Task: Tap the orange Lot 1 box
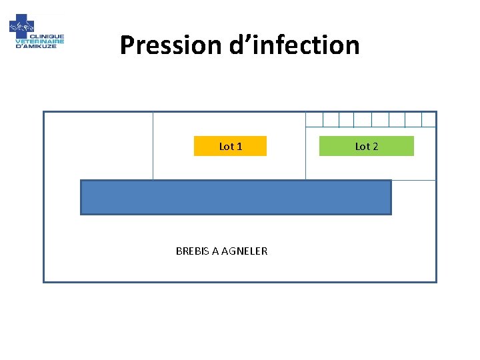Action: [x=230, y=146]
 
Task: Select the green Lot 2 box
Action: [x=366, y=146]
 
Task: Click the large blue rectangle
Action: [x=235, y=197]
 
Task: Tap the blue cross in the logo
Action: [x=21, y=27]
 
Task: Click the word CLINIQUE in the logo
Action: [x=50, y=37]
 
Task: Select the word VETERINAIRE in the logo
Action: [x=40, y=41]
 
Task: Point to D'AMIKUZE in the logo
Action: [x=36, y=46]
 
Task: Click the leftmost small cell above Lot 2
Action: [x=314, y=119]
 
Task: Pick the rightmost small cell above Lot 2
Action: [x=429, y=119]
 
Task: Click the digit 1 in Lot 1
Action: [x=239, y=146]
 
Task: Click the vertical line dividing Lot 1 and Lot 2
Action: [x=305, y=153]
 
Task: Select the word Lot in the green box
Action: [x=362, y=146]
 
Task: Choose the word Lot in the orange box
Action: [x=226, y=146]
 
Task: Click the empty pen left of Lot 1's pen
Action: [x=98, y=145]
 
